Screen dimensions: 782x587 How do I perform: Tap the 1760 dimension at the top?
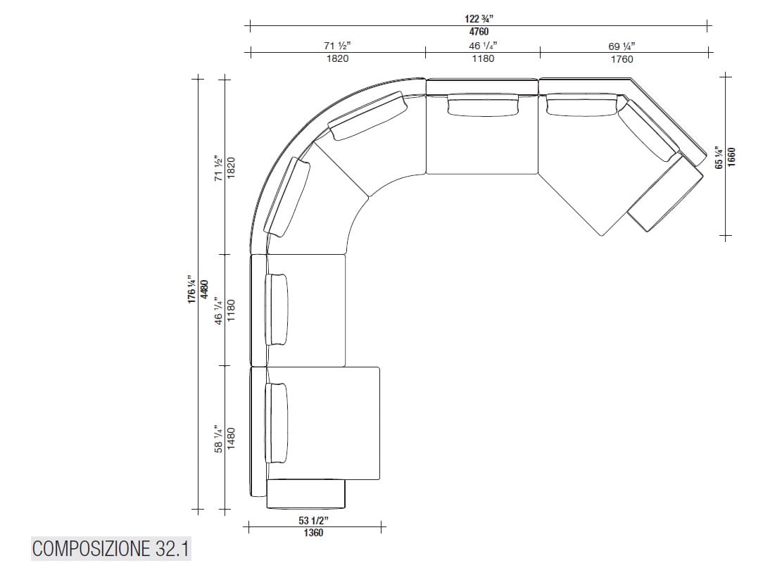pos(622,59)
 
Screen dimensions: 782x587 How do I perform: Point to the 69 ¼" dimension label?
pos(622,47)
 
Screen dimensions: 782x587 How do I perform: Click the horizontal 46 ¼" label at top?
pos(483,46)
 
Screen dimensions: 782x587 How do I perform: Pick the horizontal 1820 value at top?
pos(337,59)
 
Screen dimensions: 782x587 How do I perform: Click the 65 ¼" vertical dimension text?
pos(718,156)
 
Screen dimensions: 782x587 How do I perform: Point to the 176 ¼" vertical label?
pos(191,290)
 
